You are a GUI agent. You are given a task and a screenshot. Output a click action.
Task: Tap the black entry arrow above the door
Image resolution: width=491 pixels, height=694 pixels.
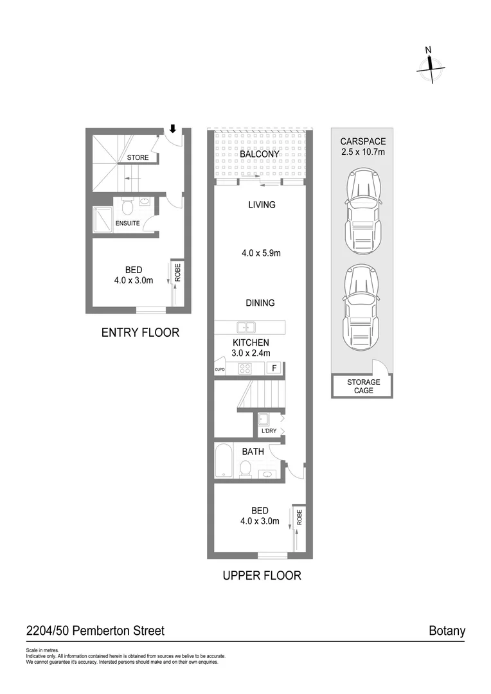click(x=172, y=129)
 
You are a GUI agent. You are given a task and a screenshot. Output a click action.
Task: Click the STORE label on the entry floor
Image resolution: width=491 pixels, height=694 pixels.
click(x=138, y=157)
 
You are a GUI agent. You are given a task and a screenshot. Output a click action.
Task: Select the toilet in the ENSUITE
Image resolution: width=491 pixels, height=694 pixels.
click(x=127, y=207)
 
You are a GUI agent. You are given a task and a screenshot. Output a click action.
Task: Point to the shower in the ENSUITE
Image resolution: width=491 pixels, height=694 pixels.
click(x=103, y=217)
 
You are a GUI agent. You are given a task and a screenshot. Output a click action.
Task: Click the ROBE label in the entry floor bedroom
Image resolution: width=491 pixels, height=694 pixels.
click(x=177, y=272)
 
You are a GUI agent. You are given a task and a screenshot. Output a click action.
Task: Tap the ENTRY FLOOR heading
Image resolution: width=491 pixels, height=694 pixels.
click(x=140, y=332)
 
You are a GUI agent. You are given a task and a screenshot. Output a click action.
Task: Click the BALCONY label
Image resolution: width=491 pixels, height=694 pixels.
click(x=259, y=154)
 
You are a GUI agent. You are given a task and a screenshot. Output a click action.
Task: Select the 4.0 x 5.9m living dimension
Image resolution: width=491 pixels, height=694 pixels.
click(x=261, y=253)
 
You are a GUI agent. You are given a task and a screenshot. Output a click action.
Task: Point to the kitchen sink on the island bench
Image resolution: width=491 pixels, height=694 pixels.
click(x=245, y=326)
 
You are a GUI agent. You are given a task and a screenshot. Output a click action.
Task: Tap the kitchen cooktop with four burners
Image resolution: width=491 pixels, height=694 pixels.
click(x=245, y=368)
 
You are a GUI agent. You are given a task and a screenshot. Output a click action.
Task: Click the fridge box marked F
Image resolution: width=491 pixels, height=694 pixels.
click(x=274, y=368)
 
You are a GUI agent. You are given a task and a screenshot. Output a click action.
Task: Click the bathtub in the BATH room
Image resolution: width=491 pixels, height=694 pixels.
click(x=223, y=461)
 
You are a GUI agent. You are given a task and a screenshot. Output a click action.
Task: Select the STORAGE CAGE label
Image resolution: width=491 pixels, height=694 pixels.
click(x=364, y=386)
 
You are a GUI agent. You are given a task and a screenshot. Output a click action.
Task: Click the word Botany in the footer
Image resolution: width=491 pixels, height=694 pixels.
click(x=447, y=630)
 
